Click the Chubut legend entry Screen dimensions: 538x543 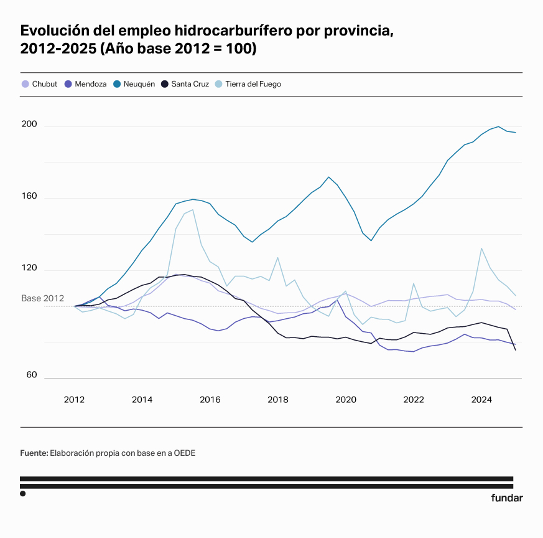click(x=39, y=84)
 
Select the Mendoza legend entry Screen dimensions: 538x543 click(x=86, y=84)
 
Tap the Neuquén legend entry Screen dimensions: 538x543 click(x=134, y=84)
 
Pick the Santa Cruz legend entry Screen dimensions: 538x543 click(x=186, y=84)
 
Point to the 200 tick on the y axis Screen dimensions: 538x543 click(x=29, y=125)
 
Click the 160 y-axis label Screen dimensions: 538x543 click(x=29, y=197)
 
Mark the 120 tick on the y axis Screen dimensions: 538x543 click(x=29, y=268)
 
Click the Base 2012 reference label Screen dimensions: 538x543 click(x=43, y=298)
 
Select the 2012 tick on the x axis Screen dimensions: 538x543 click(x=74, y=399)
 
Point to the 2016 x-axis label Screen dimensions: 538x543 click(x=210, y=399)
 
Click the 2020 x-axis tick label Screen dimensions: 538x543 click(x=346, y=399)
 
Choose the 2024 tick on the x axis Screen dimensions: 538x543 click(x=482, y=399)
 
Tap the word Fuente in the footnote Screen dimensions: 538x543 click(x=34, y=453)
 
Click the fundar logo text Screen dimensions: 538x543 click(x=507, y=498)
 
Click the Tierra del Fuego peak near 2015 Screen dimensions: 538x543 click(x=193, y=210)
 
